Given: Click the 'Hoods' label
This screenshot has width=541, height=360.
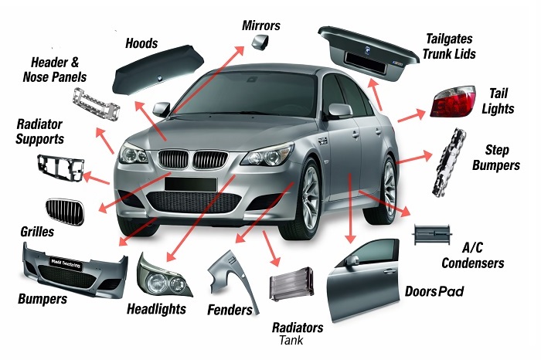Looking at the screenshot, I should (x=141, y=43).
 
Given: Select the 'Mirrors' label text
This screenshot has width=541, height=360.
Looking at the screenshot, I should (x=261, y=25).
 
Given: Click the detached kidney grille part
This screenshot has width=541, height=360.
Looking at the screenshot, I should (x=63, y=211).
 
